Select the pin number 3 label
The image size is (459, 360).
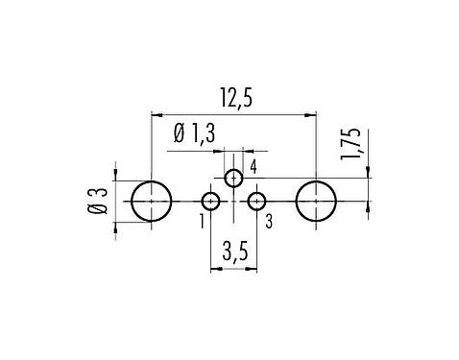pyautogui.click(x=268, y=222)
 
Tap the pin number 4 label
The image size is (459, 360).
pyautogui.click(x=253, y=168)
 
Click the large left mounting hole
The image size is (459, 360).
pyautogui.click(x=151, y=202)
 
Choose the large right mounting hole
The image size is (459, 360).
pyautogui.click(x=316, y=202)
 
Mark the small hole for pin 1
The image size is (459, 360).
pyautogui.click(x=210, y=202)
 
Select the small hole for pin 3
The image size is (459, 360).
pyautogui.click(x=256, y=202)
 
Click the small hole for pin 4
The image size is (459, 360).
pyautogui.click(x=233, y=178)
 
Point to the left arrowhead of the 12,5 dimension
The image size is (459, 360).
pyautogui.click(x=156, y=114)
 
